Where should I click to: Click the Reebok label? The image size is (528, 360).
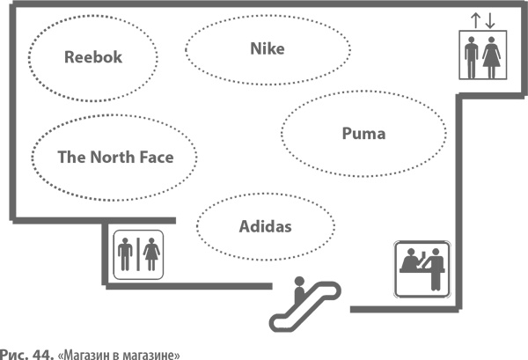[x=93, y=57]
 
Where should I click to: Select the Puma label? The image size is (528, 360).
[x=363, y=134]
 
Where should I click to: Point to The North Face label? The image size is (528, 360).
[x=115, y=158]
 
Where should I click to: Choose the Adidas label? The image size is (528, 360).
[x=265, y=226]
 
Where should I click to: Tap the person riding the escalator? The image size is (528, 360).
[x=299, y=287]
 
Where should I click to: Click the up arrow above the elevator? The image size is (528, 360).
[x=476, y=20]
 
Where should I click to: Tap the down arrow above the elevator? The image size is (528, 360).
[x=489, y=20]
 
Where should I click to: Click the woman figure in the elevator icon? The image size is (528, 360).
[x=492, y=57]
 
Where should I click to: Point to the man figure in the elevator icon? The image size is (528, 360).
[x=473, y=57]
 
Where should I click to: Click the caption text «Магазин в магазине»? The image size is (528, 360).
[x=120, y=354]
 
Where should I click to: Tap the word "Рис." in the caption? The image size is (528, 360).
[x=15, y=354]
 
